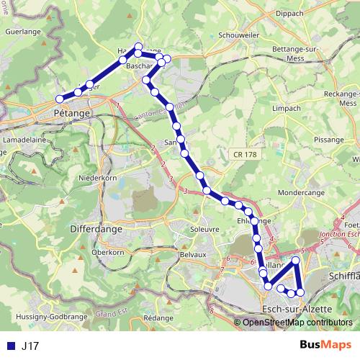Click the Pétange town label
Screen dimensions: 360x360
(72, 114)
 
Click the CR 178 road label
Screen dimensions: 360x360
(246, 154)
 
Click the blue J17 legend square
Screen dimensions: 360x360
(9, 346)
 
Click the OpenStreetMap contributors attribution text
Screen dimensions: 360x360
(297, 323)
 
